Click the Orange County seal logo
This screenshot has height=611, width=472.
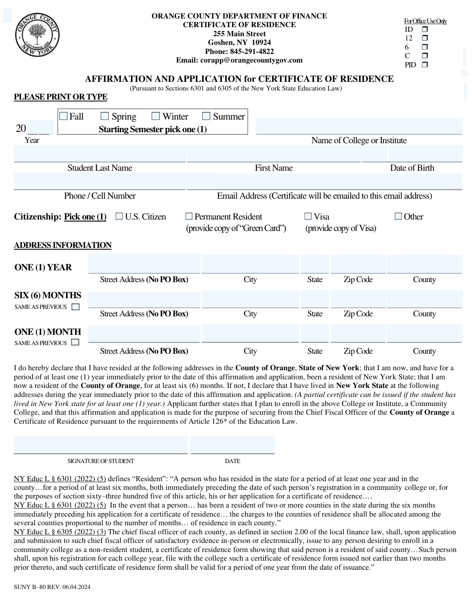(x=37, y=36)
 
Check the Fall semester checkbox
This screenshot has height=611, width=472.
(x=63, y=116)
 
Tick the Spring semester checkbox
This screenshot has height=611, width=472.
(x=105, y=116)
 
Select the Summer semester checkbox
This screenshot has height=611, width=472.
(x=206, y=116)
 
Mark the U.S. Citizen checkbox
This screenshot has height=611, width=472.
(x=119, y=216)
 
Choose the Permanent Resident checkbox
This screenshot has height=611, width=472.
(x=189, y=216)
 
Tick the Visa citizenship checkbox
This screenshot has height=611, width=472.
(x=308, y=216)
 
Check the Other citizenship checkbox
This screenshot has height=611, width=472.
(x=398, y=216)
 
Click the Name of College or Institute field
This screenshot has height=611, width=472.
(x=359, y=126)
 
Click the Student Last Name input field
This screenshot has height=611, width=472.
(x=100, y=154)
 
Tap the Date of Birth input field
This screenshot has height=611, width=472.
(x=425, y=154)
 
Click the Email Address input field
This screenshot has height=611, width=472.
(x=339, y=181)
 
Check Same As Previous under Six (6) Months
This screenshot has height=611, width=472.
(x=76, y=307)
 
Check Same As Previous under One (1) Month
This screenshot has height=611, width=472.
(x=75, y=343)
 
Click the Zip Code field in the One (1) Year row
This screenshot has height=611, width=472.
(x=358, y=264)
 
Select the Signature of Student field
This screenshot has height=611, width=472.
(x=101, y=445)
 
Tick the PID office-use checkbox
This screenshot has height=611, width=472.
(x=425, y=65)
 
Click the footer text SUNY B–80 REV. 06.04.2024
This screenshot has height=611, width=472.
(x=52, y=587)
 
